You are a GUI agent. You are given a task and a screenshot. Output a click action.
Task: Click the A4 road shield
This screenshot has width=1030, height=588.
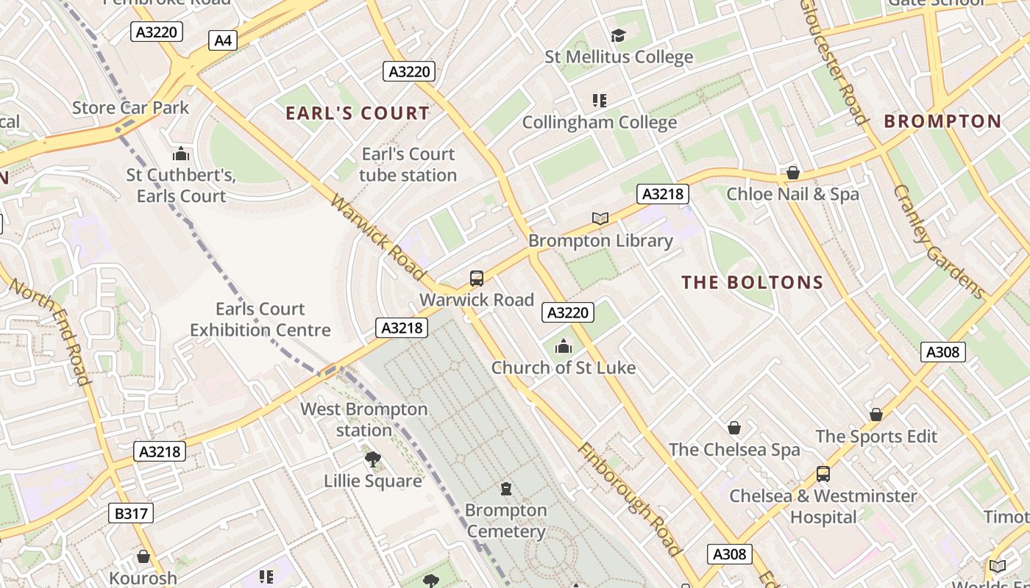pos(223,40)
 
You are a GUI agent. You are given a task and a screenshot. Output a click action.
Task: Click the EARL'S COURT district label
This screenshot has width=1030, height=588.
pos(358,113)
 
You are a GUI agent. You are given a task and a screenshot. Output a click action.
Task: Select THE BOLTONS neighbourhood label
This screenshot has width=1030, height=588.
pos(752,282)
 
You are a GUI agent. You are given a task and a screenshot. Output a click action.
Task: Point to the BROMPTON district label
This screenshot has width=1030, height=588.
pos(942,121)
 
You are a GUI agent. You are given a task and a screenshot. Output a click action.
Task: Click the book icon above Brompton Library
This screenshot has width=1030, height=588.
pos(600,218)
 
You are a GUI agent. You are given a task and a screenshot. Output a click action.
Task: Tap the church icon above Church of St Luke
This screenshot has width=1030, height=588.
pos(564,346)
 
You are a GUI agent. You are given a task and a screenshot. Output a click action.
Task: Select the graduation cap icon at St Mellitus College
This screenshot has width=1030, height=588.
pos(618,35)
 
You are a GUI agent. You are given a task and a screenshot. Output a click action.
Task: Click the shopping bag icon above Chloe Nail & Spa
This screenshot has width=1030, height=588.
pos(792,173)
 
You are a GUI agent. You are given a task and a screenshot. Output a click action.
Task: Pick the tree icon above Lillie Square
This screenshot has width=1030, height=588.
pos(373,459)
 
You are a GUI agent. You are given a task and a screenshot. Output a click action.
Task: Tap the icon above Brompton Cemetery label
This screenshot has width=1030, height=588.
pos(505,489)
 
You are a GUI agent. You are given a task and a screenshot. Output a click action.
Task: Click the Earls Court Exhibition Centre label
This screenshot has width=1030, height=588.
pos(260,320)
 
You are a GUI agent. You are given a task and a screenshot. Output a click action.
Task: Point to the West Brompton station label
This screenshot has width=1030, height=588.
pos(364,420)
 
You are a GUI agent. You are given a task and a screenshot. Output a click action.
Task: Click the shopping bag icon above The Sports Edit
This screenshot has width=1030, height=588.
pos(876,415)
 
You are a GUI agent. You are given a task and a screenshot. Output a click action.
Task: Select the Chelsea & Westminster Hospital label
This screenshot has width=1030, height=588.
pos(823,506)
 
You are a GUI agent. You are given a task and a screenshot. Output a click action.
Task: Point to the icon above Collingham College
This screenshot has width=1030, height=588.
pos(600,100)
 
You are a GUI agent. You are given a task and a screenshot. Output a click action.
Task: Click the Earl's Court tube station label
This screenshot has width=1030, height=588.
pos(408,165)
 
